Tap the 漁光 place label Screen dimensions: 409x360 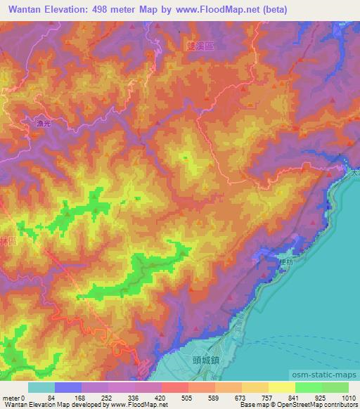coord(44,124)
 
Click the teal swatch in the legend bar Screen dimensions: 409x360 coord(41,387)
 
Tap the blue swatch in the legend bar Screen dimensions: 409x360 coord(68,387)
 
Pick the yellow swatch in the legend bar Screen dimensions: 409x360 coord(281,387)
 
